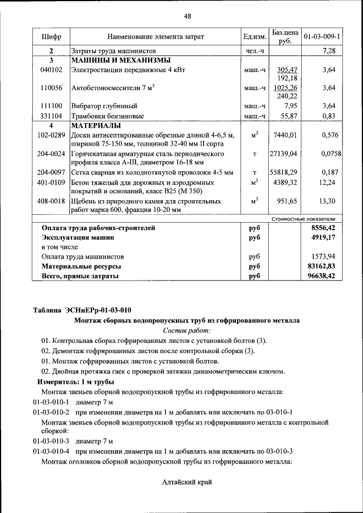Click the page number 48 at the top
[x=187, y=16]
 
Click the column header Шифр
[x=51, y=37]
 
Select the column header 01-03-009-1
[x=322, y=37]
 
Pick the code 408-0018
[x=51, y=201]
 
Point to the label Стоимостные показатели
[x=303, y=218]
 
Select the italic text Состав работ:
[x=187, y=330]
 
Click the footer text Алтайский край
[x=187, y=482]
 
